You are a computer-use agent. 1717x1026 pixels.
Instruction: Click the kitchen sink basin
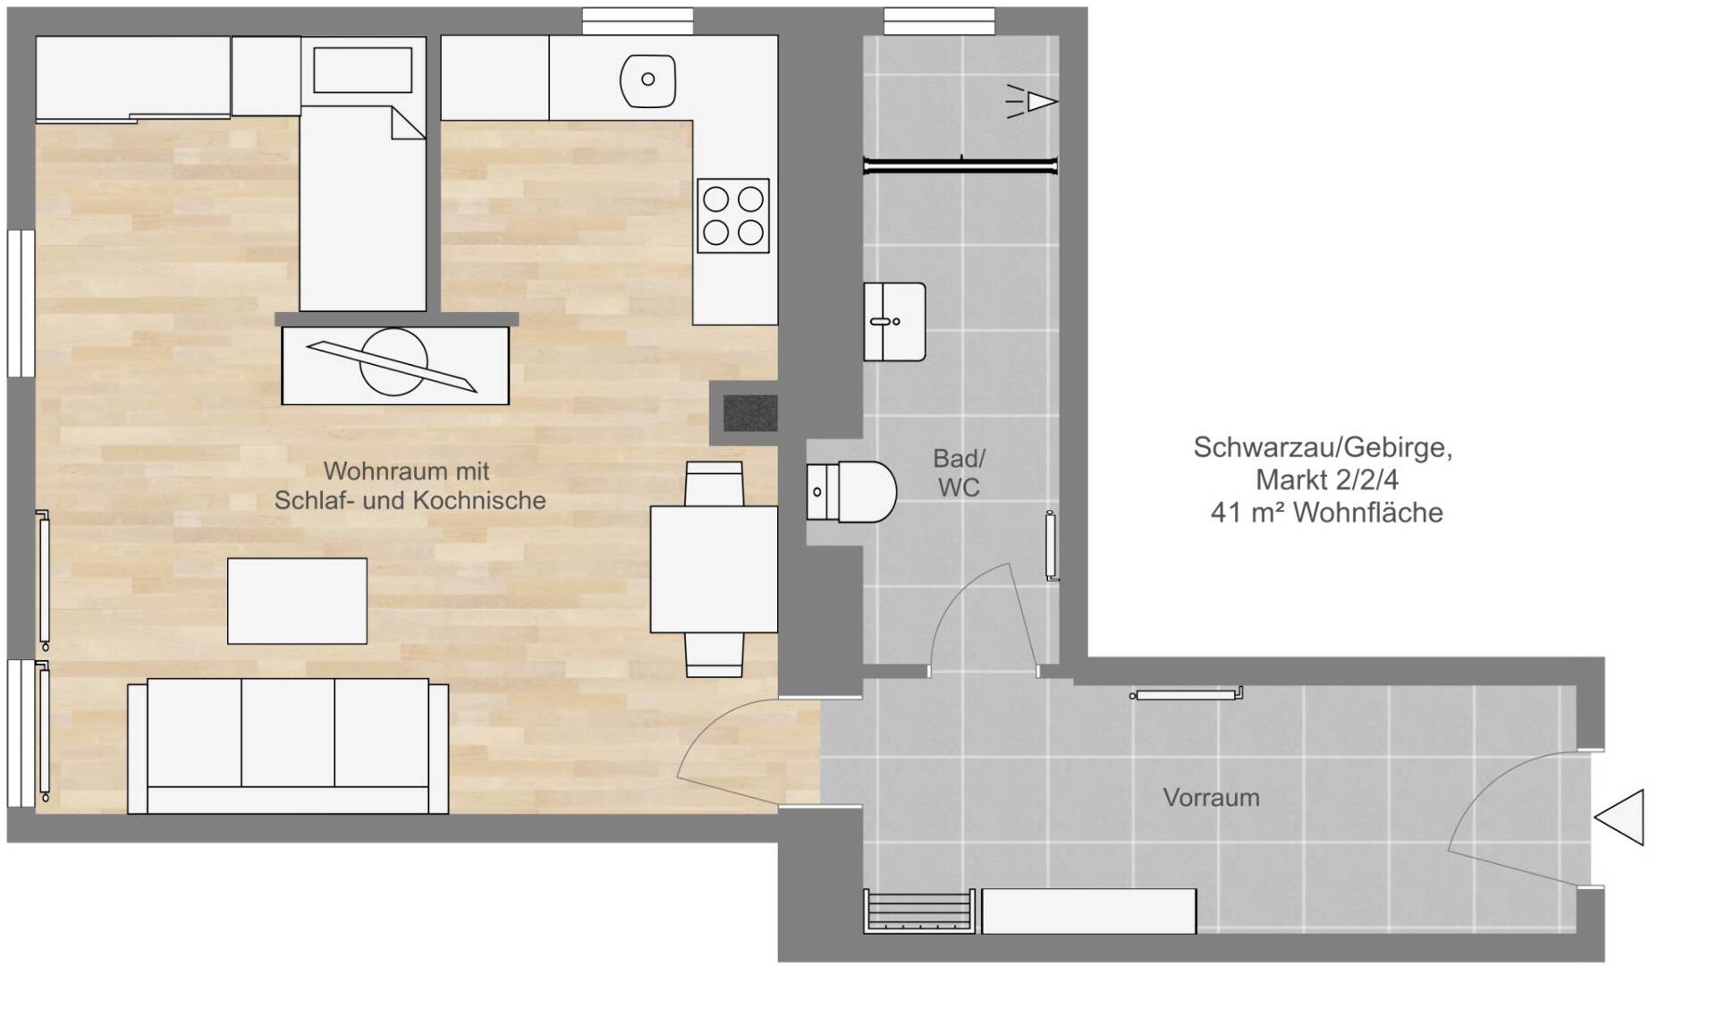647,80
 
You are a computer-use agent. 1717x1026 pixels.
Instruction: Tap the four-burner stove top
733,216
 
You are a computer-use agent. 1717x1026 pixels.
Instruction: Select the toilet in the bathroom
851,491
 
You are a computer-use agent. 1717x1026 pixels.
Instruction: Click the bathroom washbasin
894,322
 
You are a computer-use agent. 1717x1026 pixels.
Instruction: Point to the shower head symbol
1033,101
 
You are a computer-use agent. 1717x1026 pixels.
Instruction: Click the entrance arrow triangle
1620,818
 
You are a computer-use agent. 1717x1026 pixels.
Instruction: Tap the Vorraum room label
1211,797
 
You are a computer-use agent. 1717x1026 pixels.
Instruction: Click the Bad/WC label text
959,472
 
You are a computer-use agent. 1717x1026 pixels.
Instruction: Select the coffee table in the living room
297,601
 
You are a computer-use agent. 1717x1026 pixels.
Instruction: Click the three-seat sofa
288,746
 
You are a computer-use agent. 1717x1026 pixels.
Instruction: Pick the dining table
714,570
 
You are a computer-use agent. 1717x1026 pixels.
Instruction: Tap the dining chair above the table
714,484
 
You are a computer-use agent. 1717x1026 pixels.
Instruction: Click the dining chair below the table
714,655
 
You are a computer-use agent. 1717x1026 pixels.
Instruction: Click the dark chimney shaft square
750,412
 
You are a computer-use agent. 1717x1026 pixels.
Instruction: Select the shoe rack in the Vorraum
918,912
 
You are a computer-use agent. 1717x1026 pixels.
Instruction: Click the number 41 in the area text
1225,513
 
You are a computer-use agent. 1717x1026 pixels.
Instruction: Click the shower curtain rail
960,165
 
